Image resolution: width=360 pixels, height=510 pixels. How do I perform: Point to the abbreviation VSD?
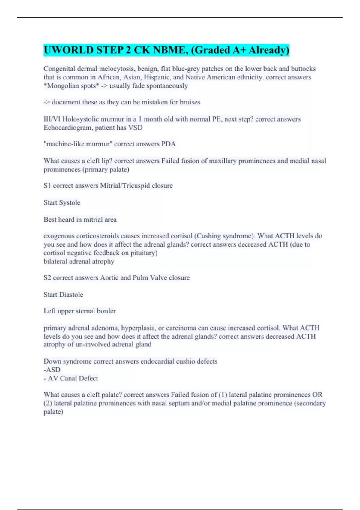pyautogui.click(x=135, y=127)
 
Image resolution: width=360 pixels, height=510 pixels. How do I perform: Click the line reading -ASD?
pyautogui.click(x=52, y=370)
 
